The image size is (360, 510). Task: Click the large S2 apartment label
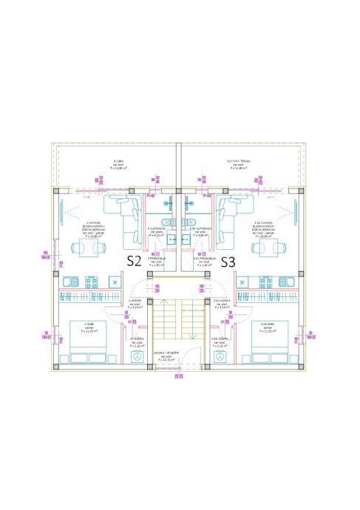coord(134,261)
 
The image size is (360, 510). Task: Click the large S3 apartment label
coord(228,261)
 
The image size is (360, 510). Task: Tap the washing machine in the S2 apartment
coord(137,356)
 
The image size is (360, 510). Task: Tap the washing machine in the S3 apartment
coord(220,356)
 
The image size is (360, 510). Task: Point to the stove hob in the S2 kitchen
coord(70,281)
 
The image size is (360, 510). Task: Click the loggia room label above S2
coord(118,165)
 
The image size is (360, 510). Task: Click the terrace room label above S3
coord(238,165)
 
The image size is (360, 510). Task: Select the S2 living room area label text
coord(94,229)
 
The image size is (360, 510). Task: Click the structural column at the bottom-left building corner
coord(58,366)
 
